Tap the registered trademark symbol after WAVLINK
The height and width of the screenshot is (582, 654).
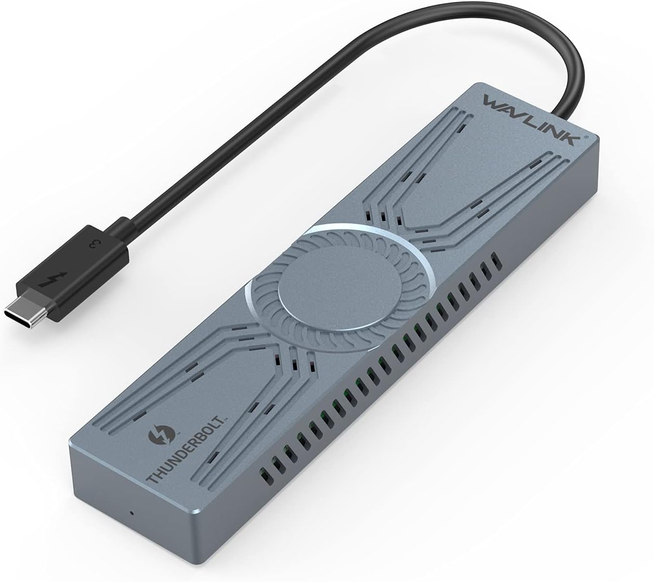586,138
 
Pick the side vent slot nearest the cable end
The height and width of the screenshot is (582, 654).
495,258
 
